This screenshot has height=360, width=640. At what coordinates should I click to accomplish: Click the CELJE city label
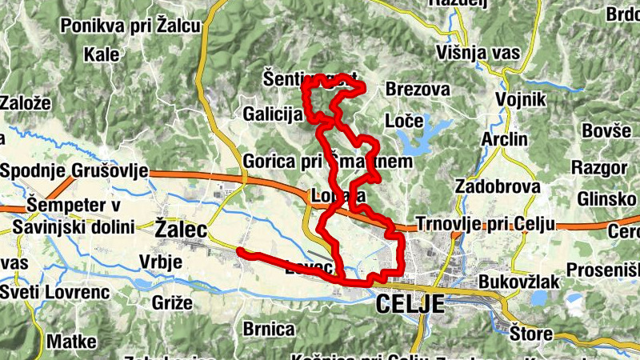click(x=409, y=304)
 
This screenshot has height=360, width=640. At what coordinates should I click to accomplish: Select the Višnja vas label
click(x=479, y=53)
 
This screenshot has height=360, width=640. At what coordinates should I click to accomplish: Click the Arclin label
click(x=505, y=139)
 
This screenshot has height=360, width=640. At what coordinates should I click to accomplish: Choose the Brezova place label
click(x=417, y=89)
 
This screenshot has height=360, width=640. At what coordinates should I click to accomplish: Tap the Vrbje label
click(x=161, y=262)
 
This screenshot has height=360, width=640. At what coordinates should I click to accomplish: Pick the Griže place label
click(x=171, y=302)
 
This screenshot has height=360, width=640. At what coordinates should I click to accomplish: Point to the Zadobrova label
click(x=497, y=186)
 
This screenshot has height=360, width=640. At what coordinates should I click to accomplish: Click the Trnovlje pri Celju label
click(x=486, y=223)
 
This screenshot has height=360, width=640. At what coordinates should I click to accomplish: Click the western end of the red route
click(x=240, y=252)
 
